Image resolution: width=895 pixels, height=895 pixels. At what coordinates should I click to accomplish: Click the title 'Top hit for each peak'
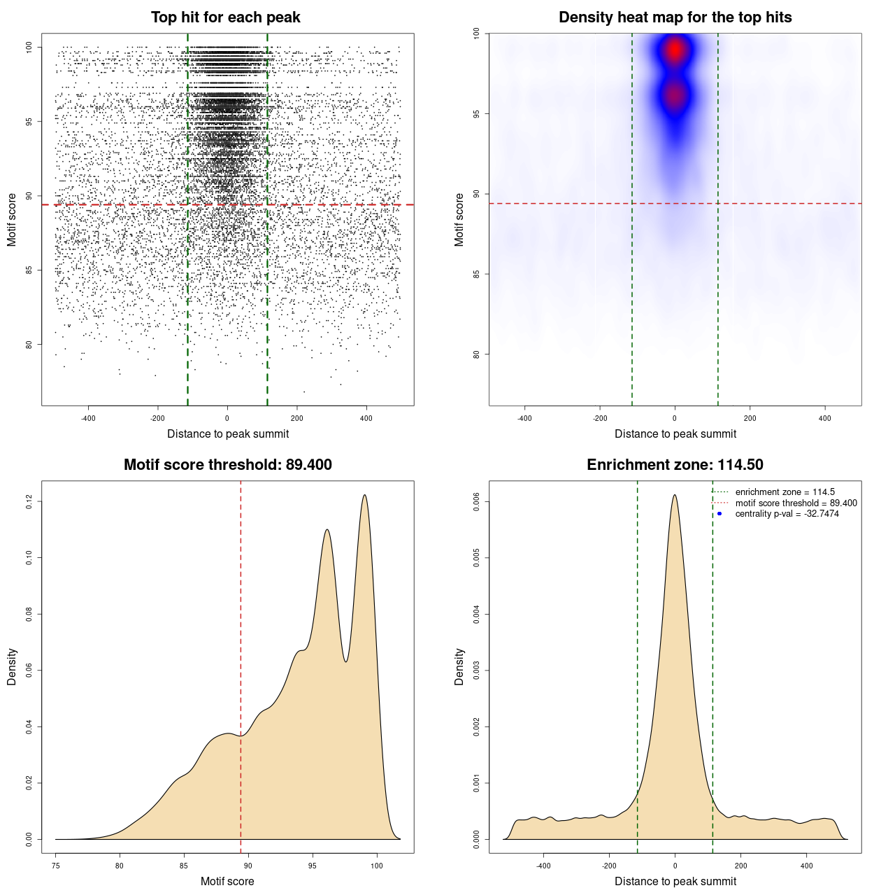[x=225, y=17]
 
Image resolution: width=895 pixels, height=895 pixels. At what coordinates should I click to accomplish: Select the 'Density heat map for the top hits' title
[x=675, y=17]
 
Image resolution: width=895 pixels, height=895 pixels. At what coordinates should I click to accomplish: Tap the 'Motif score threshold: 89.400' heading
[x=227, y=465]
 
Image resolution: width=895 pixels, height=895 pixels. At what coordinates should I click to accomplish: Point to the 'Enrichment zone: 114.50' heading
[x=675, y=465]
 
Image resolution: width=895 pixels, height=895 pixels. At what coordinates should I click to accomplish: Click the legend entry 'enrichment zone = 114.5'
[x=785, y=492]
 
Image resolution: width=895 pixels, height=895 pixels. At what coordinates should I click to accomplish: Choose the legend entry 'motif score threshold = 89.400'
[x=796, y=503]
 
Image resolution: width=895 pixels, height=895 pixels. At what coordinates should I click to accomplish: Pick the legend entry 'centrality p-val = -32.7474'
[x=787, y=514]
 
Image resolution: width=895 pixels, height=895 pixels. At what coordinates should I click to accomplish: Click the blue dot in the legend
[x=719, y=514]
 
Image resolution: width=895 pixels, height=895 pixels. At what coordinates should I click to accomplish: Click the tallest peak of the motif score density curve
[x=364, y=496]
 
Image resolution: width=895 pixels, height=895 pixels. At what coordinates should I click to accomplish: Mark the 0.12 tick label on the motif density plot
[x=29, y=501]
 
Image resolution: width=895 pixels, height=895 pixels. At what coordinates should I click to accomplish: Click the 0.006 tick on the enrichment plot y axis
[x=476, y=501]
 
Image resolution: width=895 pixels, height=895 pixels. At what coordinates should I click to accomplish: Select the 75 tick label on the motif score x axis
[x=56, y=866]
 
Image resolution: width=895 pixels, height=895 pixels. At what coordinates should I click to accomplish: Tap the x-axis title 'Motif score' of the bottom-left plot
[x=227, y=881]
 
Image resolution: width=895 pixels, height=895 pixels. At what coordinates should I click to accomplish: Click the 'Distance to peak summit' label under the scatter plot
[x=228, y=434]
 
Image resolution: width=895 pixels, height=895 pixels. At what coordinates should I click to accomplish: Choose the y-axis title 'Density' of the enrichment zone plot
[x=459, y=666]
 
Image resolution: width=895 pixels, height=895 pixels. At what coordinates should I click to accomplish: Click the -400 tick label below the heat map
[x=524, y=418]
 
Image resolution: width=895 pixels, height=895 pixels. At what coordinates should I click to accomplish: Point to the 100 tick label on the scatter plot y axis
[x=29, y=47]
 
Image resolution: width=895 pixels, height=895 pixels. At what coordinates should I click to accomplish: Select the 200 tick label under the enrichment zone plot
[x=740, y=866]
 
